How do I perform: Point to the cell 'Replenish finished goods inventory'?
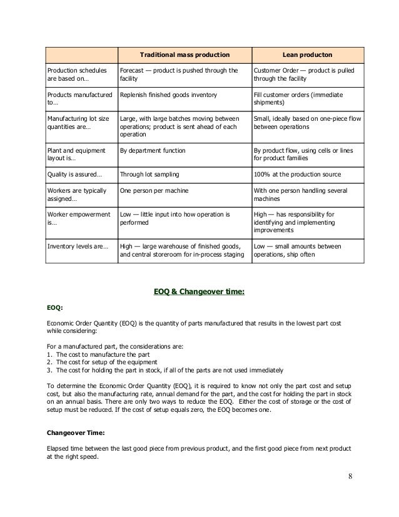coord(168,94)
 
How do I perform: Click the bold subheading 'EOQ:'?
coord(55,308)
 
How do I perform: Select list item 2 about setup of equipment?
coord(106,361)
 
